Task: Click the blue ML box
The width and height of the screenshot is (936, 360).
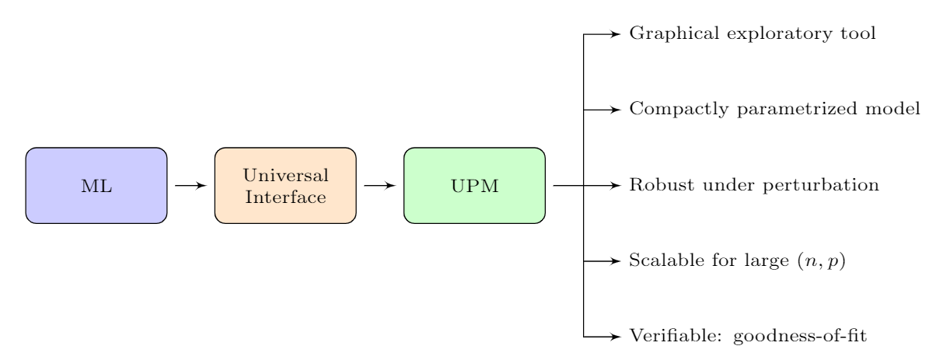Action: coord(96,186)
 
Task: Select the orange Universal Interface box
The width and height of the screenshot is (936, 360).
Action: coord(285,186)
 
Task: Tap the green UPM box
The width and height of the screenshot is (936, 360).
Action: coord(474,186)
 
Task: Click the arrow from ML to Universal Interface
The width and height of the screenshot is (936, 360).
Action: coord(191,186)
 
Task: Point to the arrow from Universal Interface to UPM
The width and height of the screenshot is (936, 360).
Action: coord(380,186)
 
